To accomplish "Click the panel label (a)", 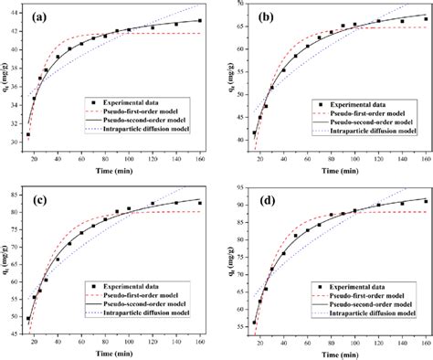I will [x=41, y=16].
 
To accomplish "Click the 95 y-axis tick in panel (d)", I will [x=233, y=185].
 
